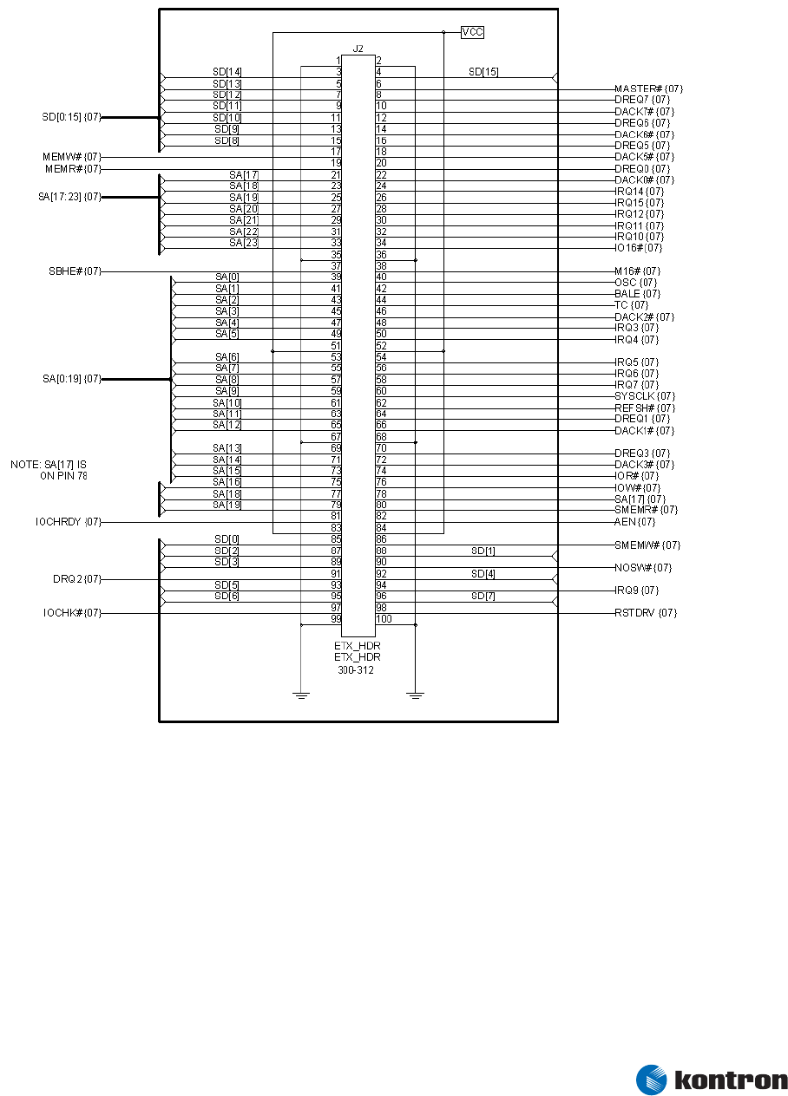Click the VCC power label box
click(472, 32)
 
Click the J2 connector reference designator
click(358, 49)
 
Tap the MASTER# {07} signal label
click(648, 88)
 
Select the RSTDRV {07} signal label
click(645, 613)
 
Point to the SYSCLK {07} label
click(645, 396)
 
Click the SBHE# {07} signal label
click(75, 271)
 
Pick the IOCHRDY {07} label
click(69, 522)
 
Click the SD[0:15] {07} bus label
click(71, 116)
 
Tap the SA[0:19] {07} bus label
click(72, 379)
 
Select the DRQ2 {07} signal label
click(77, 579)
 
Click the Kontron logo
click(712, 1080)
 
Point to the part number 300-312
click(356, 669)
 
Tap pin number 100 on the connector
click(384, 619)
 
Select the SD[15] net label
click(483, 71)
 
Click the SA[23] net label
click(244, 243)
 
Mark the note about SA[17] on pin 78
click(49, 470)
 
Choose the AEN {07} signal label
click(634, 522)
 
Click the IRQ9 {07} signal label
click(636, 590)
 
